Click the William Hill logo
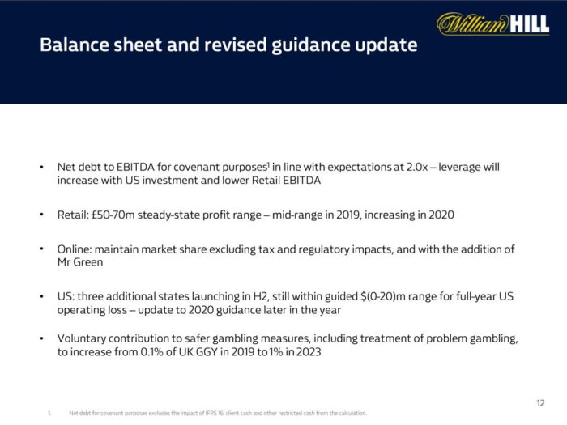[x=492, y=24]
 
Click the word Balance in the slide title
[x=73, y=45]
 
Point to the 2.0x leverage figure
[x=426, y=167]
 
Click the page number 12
[x=541, y=402]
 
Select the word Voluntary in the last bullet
[x=83, y=337]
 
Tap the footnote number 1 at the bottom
[x=49, y=413]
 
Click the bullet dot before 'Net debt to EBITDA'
[x=41, y=168]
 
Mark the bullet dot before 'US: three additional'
[x=41, y=297]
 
